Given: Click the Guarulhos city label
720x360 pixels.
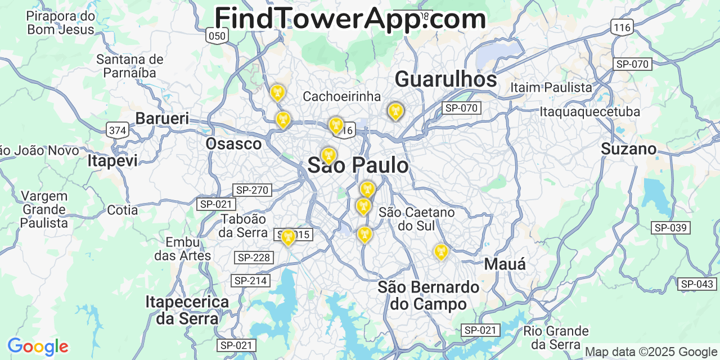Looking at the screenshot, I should pos(445,80).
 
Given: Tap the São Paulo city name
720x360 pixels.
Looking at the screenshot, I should pos(358,165).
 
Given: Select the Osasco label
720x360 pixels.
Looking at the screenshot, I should pos(233,143).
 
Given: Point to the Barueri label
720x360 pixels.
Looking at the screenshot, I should pos(162,119).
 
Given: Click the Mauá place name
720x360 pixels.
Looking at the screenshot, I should pos(505,264).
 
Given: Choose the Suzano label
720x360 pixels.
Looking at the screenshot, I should pos(628,149).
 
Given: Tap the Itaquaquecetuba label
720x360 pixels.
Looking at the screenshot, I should pos(589,111).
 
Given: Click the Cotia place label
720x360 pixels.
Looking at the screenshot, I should pos(122,210).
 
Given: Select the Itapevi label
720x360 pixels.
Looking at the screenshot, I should pos(112,161).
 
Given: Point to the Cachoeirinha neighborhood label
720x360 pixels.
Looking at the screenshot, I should pos(341,96).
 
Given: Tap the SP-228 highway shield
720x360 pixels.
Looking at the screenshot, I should pos(254,258).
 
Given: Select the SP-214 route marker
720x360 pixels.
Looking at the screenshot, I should pos(250,280).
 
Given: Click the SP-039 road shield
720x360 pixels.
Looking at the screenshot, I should pos(670,228).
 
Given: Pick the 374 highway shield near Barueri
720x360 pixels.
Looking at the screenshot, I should pos(118,131).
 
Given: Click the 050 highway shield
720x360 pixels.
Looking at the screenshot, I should pos(217,37).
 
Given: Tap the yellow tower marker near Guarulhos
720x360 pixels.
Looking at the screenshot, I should pos(395,111).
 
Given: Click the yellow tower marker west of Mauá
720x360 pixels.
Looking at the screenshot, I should pos(441,251).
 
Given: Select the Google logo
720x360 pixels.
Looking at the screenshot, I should pos(38,346).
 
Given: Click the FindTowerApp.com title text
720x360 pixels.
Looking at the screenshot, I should pos(350,19).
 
